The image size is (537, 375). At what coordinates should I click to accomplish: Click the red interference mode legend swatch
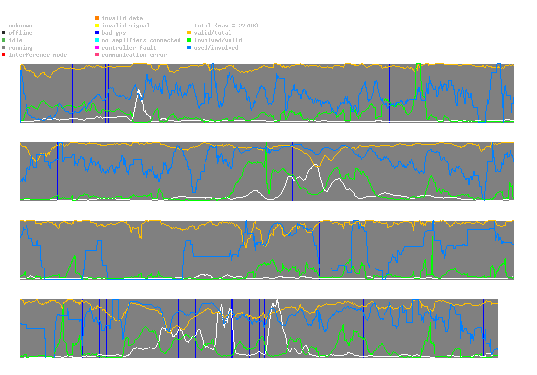(4, 55)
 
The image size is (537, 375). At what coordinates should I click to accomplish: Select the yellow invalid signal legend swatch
(97, 26)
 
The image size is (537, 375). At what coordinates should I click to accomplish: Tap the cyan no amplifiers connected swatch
(97, 40)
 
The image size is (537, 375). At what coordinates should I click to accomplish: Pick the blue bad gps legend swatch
(97, 33)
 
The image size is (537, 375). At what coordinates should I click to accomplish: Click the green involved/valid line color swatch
(189, 40)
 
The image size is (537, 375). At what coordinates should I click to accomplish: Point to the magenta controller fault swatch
(97, 48)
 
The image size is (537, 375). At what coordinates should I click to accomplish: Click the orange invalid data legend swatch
(97, 18)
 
